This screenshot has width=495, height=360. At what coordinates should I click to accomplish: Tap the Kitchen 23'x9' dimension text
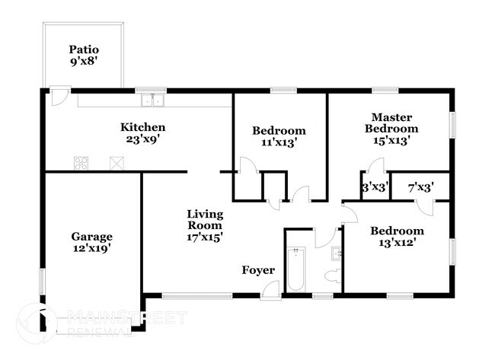[x=143, y=139]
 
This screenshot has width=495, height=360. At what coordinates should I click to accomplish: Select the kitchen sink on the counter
[x=155, y=100]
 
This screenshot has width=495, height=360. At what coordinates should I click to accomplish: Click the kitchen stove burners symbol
[x=81, y=162]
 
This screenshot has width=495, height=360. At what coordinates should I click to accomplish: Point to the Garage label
[x=92, y=236]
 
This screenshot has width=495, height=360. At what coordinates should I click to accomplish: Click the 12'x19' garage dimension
[x=92, y=248]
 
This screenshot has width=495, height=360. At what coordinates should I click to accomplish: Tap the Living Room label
[x=205, y=219]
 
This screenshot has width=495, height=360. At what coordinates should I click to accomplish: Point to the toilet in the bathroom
[x=335, y=275]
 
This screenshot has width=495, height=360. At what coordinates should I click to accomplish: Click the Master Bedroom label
[x=391, y=123]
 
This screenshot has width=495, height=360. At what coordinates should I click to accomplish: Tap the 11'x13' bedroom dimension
[x=279, y=142]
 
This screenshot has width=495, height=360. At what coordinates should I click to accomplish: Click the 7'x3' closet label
[x=421, y=187]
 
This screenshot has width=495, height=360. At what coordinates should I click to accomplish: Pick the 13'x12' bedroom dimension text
[x=397, y=244]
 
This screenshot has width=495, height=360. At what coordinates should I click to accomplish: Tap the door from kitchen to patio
[x=59, y=97]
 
